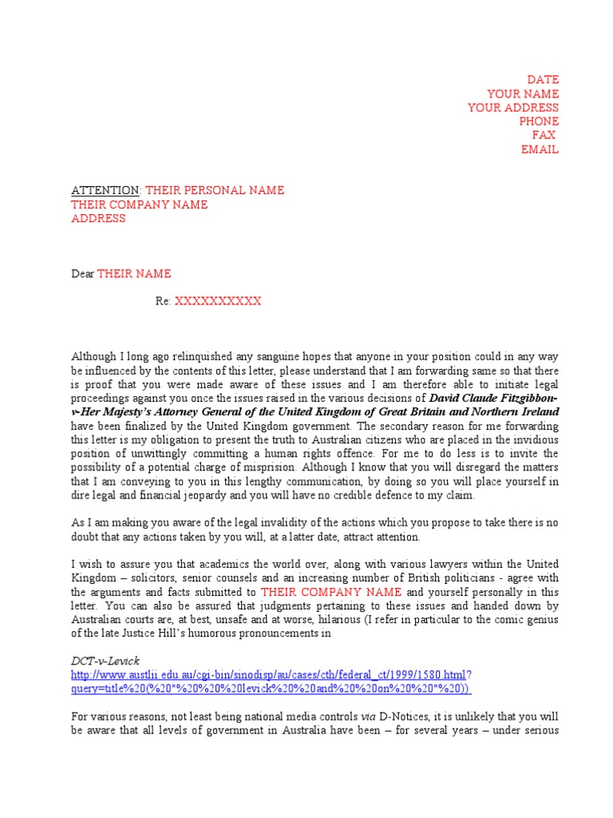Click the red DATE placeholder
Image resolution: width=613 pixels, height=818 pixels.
click(543, 80)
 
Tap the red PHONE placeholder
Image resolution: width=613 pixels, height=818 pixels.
click(539, 121)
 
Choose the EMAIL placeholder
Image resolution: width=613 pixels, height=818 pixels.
click(540, 149)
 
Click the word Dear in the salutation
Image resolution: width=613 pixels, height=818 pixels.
click(83, 274)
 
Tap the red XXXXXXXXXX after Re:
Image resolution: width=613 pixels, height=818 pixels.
click(218, 301)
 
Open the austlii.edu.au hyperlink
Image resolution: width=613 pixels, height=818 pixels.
click(269, 675)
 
